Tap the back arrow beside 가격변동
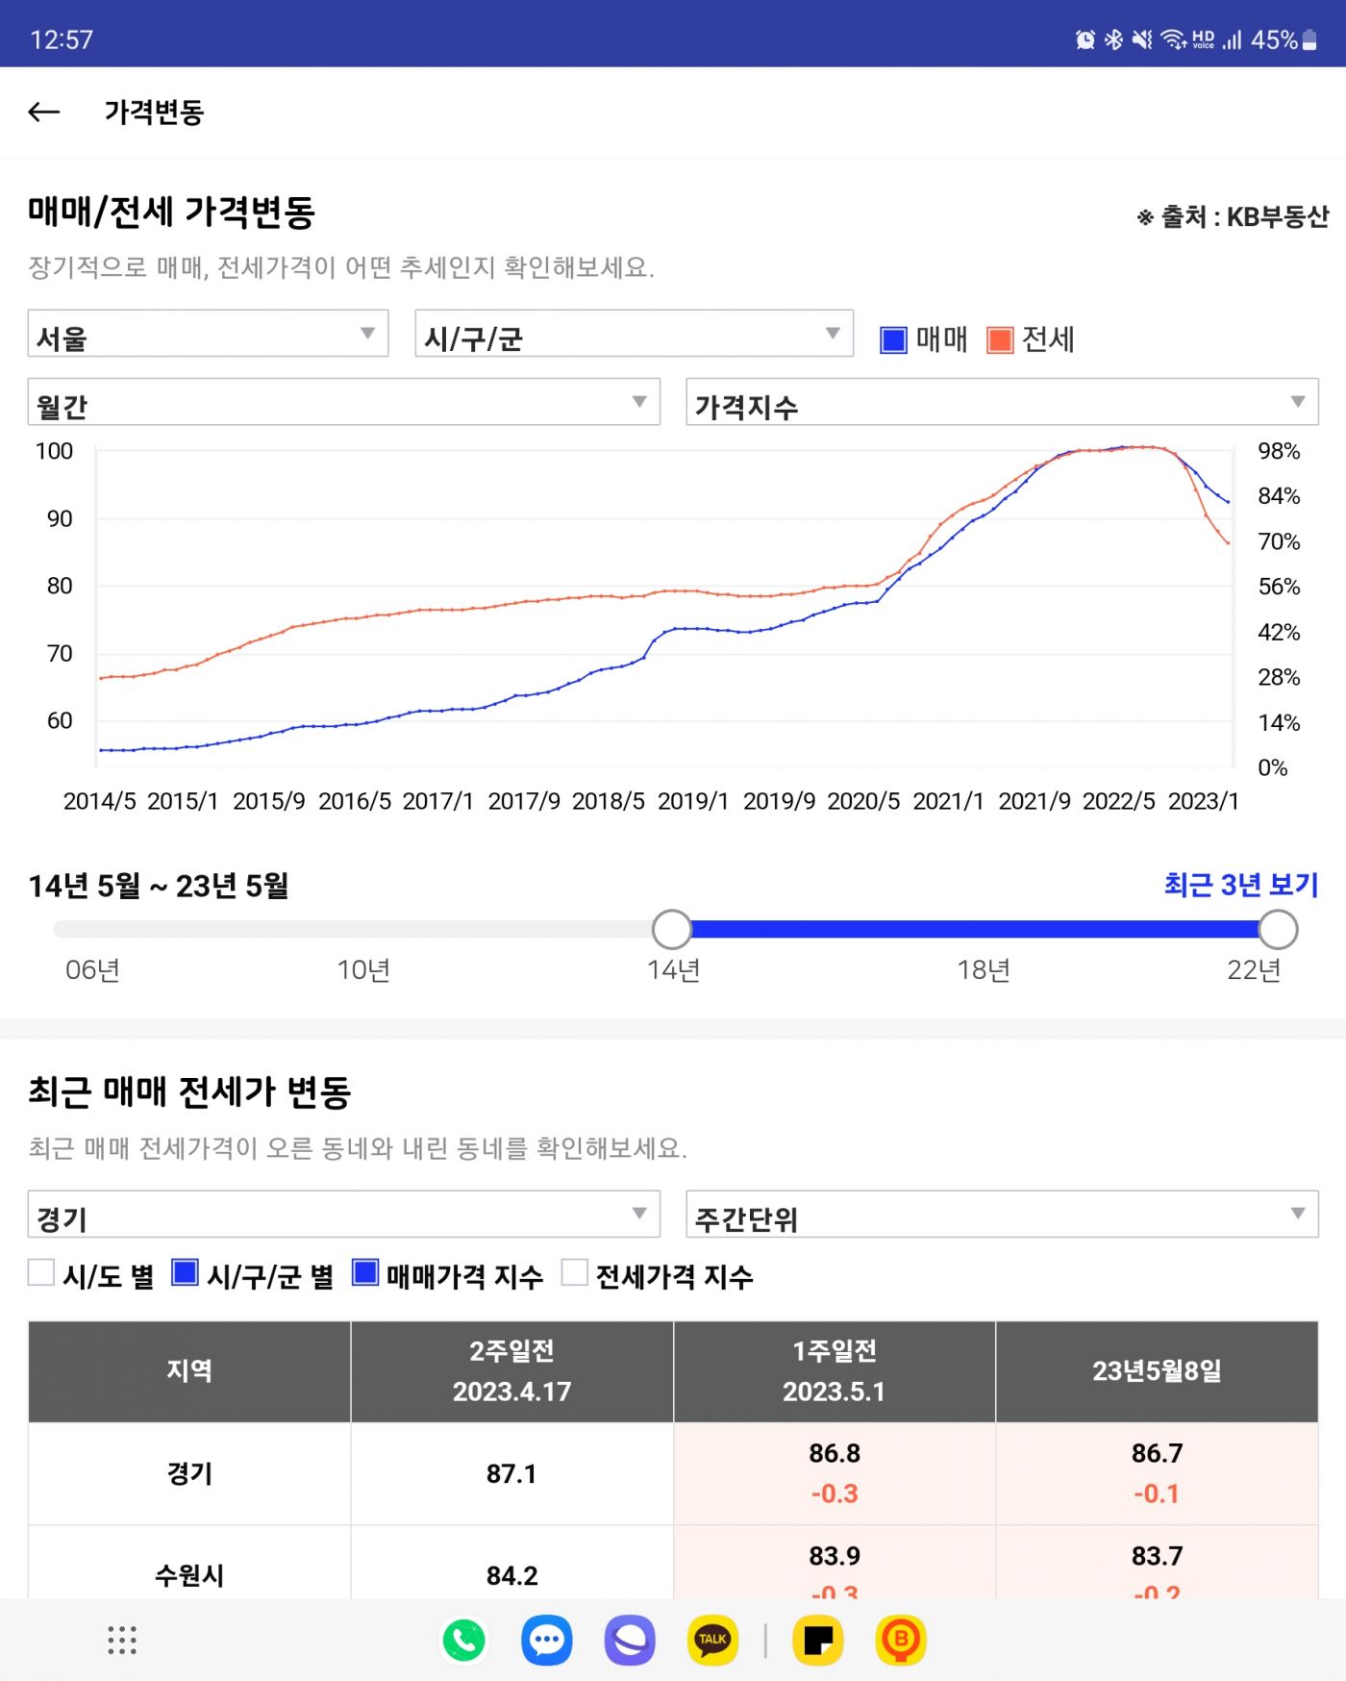(x=44, y=113)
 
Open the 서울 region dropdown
(x=208, y=335)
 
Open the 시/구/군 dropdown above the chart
(x=634, y=335)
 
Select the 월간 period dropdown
(x=343, y=403)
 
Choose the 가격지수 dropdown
(x=1001, y=403)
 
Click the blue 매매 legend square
(x=893, y=339)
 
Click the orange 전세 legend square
(x=1000, y=339)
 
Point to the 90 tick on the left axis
(x=60, y=519)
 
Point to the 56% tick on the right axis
(x=1279, y=587)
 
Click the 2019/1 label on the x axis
(x=693, y=801)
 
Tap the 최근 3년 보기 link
(x=1240, y=885)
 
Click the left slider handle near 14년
(x=671, y=929)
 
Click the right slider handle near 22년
(x=1278, y=929)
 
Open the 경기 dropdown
(x=343, y=1216)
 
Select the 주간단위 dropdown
(x=1001, y=1216)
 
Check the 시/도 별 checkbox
(x=41, y=1272)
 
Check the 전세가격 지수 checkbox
(x=574, y=1272)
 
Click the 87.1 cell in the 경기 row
(x=511, y=1473)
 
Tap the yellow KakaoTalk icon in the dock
(x=712, y=1640)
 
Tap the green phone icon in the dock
(x=464, y=1640)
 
